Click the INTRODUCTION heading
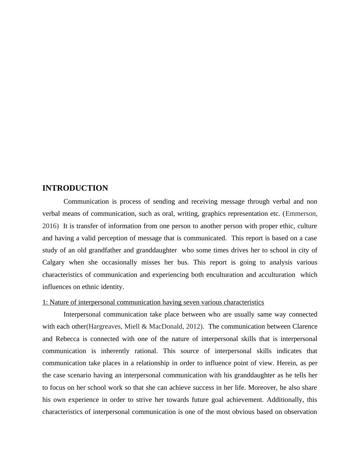[75, 188]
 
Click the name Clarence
[305, 327]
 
